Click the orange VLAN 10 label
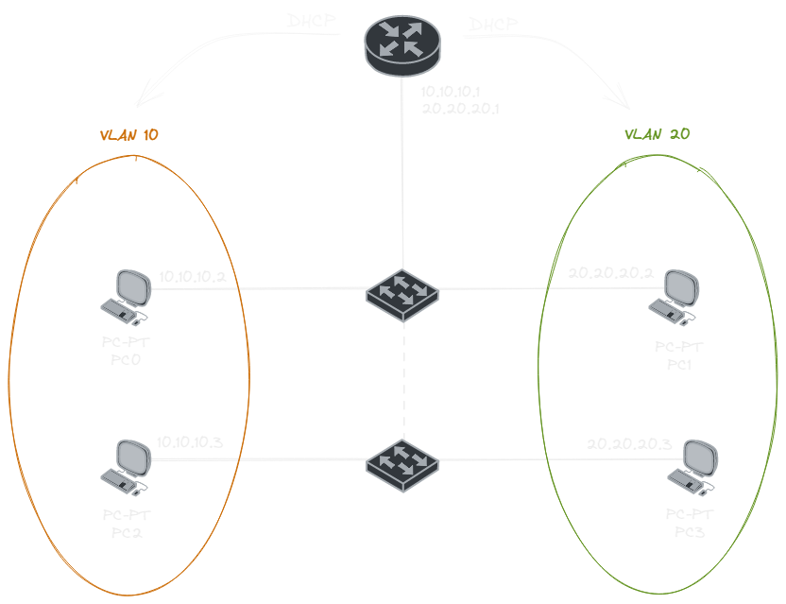pyautogui.click(x=128, y=135)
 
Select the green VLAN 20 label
pyautogui.click(x=658, y=135)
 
